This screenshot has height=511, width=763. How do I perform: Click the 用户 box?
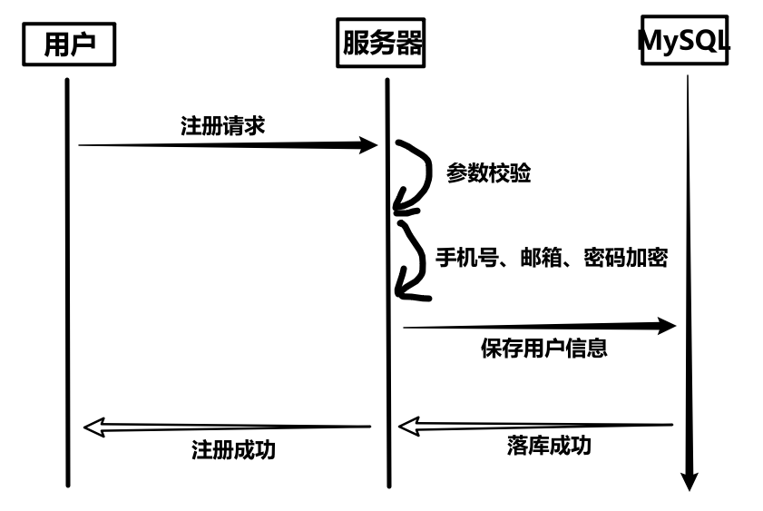tap(69, 44)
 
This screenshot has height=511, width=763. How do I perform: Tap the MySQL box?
tap(685, 41)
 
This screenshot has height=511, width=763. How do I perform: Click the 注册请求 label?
tap(222, 125)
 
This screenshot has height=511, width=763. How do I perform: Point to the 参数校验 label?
tap(488, 173)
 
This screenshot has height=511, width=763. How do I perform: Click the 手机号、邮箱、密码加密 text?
tap(552, 258)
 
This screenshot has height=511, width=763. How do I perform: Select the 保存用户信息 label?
tap(543, 348)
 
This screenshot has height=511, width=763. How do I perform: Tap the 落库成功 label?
tap(548, 446)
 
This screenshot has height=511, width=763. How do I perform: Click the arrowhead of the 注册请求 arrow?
tap(367, 145)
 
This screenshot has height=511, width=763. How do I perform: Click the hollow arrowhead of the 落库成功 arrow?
tap(409, 425)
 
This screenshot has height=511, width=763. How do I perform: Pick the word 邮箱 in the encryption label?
tap(539, 258)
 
